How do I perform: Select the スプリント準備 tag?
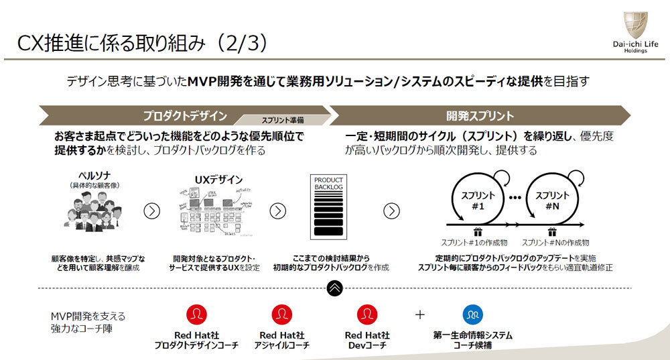pos(282,120)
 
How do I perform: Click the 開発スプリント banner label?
pos(480,115)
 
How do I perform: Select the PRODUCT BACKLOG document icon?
pos(328,208)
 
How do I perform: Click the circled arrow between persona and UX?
pos(152,211)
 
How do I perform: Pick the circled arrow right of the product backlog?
pos(391,211)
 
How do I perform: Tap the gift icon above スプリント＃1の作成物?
pos(478,232)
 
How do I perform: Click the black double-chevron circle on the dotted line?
pos(335,288)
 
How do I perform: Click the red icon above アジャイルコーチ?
pos(281,314)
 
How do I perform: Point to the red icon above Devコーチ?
pos(367,314)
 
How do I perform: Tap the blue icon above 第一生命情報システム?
pos(472,314)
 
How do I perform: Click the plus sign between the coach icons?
pos(420,314)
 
